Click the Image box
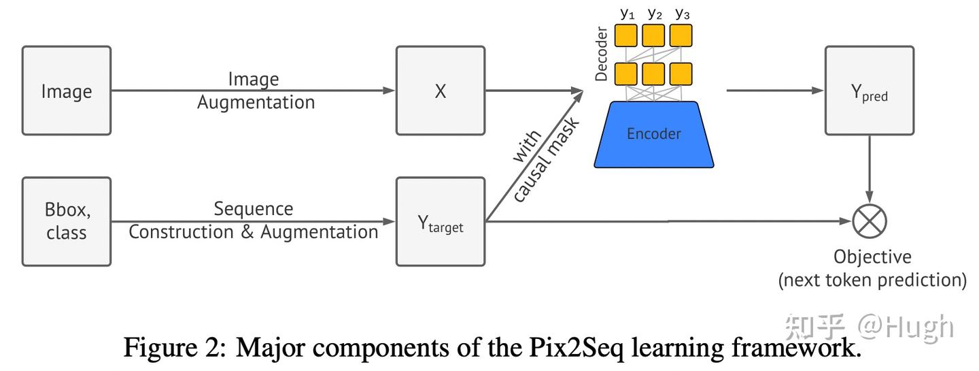(67, 91)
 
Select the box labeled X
(441, 91)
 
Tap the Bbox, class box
(67, 221)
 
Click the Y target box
(441, 221)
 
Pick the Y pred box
(870, 91)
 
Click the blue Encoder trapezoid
(654, 134)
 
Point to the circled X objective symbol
(870, 221)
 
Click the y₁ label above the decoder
(627, 12)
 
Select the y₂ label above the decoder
(654, 12)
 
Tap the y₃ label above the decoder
(681, 12)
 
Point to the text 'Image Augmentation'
(256, 91)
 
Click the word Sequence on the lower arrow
(254, 208)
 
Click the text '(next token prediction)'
(872, 280)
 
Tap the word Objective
(872, 257)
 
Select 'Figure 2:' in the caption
(173, 348)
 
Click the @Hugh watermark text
(905, 327)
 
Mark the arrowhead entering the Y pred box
(819, 91)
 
